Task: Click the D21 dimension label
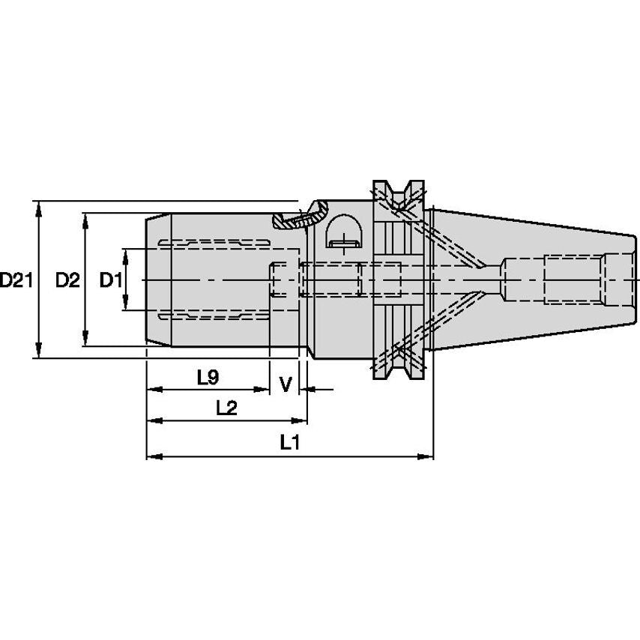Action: (x=16, y=280)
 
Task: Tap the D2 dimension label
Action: (x=67, y=280)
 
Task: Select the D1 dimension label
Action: (x=111, y=280)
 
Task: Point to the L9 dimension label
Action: (x=208, y=377)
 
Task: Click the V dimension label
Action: (x=286, y=384)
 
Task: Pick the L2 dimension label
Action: (x=226, y=408)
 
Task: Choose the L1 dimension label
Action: (x=290, y=442)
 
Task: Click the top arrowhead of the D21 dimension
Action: (x=38, y=209)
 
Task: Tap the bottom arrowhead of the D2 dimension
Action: (x=85, y=339)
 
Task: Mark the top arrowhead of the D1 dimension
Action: (x=125, y=257)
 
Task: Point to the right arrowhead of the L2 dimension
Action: (x=299, y=421)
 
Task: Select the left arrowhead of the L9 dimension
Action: (x=154, y=390)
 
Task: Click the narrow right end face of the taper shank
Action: (x=634, y=280)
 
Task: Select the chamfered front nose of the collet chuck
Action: (x=159, y=280)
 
